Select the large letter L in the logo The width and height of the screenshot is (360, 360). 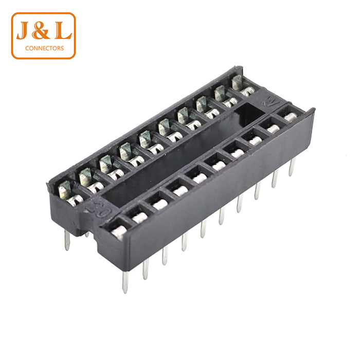pyautogui.click(x=63, y=31)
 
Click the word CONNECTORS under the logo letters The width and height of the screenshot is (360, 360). pyautogui.click(x=45, y=48)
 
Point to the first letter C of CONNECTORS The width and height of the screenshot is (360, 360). pyautogui.click(x=27, y=48)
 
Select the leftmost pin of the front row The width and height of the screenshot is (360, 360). pyautogui.click(x=125, y=282)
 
